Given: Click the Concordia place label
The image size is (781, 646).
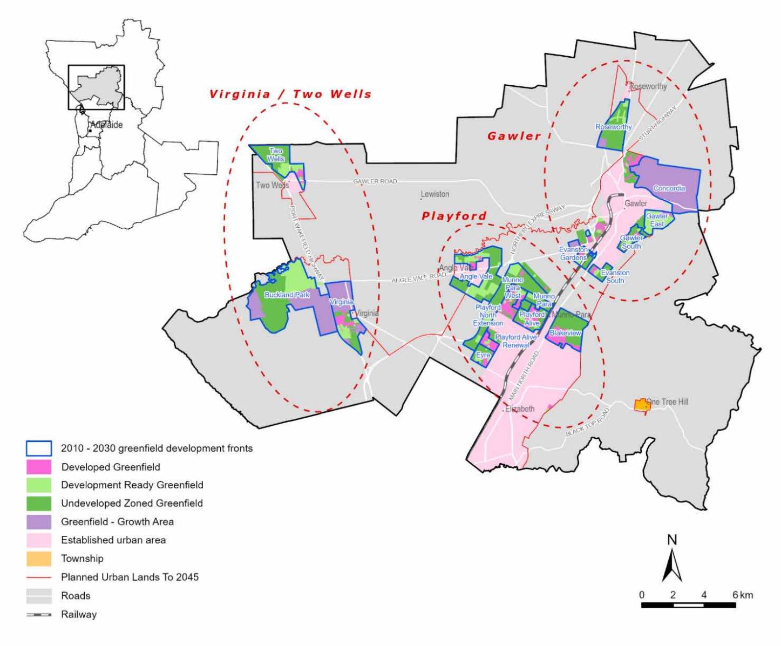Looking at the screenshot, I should (x=669, y=188).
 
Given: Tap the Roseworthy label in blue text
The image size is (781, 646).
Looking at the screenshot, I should (x=613, y=127).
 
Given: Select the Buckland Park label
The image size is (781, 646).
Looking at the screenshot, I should (x=287, y=295).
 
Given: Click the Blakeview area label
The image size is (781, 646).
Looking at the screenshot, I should (x=565, y=333).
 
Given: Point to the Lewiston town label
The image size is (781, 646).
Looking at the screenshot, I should (x=435, y=194).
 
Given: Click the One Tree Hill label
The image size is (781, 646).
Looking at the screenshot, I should (x=667, y=402).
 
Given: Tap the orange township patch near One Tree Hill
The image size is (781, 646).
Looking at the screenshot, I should (x=641, y=405).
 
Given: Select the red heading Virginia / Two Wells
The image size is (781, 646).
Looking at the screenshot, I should (x=290, y=94).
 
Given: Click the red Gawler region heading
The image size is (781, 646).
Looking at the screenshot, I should (x=514, y=136).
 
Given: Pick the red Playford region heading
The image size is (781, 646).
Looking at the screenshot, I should (x=454, y=216).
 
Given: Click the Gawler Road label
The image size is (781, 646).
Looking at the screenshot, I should (x=375, y=181).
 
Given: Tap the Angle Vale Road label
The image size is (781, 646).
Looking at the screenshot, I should (x=418, y=278).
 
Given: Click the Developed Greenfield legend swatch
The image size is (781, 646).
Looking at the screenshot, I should (x=39, y=467).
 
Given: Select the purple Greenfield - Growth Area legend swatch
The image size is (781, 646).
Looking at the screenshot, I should (x=39, y=522).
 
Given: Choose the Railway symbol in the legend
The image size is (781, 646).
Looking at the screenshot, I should (x=39, y=614).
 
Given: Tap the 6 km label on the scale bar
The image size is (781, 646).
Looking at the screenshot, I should (x=742, y=595).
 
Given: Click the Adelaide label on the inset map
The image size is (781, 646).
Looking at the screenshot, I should (x=106, y=125).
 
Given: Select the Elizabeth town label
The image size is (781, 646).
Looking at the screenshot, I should (x=519, y=409).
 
